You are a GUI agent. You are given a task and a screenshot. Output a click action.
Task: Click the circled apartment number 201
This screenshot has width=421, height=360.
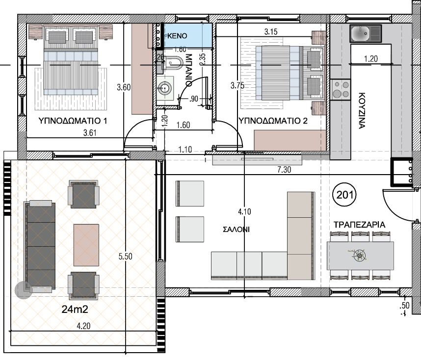[x=344, y=195]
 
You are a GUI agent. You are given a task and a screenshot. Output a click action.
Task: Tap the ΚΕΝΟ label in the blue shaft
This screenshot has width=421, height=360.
[x=177, y=36]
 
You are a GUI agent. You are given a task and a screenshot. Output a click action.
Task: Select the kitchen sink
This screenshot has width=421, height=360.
[x=366, y=33]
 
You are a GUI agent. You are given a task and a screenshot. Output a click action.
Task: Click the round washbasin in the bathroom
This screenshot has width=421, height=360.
[x=164, y=87]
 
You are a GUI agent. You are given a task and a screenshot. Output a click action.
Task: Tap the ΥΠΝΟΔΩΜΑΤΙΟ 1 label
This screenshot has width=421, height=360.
[x=73, y=121]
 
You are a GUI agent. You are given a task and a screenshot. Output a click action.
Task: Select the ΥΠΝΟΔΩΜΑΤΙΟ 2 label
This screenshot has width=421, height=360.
[x=273, y=121]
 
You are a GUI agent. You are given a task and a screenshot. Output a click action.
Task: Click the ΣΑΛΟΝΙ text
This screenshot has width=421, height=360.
[x=237, y=229]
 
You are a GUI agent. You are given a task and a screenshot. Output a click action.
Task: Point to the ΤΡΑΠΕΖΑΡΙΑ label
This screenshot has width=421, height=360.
[x=359, y=225]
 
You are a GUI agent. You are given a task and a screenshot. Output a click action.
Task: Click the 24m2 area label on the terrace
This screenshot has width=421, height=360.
[x=75, y=309]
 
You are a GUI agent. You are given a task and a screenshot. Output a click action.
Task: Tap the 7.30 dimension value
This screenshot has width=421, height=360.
[x=284, y=170]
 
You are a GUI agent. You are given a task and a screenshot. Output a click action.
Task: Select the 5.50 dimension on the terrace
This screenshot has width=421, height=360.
[x=126, y=257]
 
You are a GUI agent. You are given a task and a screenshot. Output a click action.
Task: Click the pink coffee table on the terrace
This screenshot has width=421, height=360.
[x=86, y=245]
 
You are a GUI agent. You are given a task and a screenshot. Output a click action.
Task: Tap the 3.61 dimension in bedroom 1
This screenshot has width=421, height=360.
[x=90, y=133]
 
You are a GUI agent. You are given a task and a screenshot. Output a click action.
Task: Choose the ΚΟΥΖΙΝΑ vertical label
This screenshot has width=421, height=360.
[x=362, y=111]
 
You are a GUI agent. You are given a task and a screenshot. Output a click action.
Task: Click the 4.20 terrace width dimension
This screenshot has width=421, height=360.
[x=83, y=326]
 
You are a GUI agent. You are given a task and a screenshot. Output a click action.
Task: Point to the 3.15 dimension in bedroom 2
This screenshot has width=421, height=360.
[x=271, y=32]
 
